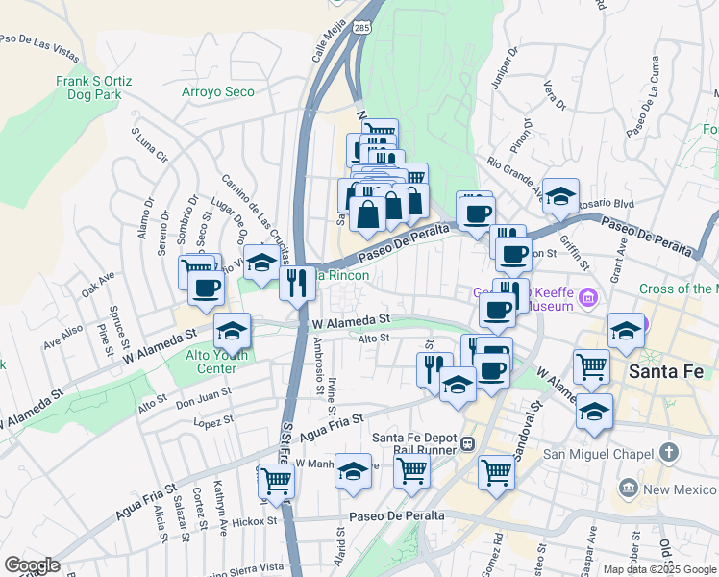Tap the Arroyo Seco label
(218, 92)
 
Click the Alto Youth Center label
(203, 361)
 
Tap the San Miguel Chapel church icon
(670, 452)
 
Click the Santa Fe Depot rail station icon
(467, 444)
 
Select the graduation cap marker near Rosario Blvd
(560, 196)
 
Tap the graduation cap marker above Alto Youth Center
(232, 331)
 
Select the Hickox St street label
(253, 522)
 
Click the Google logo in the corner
(31, 565)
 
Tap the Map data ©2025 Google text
(660, 569)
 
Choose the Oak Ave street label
(98, 284)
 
